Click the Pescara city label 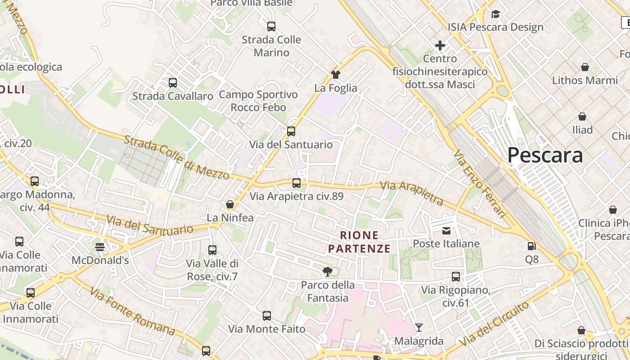pyautogui.click(x=545, y=155)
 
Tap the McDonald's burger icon pyautogui.click(x=100, y=247)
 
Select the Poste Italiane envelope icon pyautogui.click(x=446, y=231)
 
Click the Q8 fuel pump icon pyautogui.click(x=531, y=246)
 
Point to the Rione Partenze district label pyautogui.click(x=359, y=242)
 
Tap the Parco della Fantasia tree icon pyautogui.click(x=328, y=271)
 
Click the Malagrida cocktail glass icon pyautogui.click(x=419, y=328)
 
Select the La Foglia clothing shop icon pyautogui.click(x=335, y=75)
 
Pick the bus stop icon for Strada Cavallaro pyautogui.click(x=173, y=83)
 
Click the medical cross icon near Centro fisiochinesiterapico pyautogui.click(x=440, y=45)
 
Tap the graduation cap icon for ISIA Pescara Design pyautogui.click(x=495, y=14)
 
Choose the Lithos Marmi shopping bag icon pyautogui.click(x=585, y=67)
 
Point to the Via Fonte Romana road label pyautogui.click(x=132, y=311)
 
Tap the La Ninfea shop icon pyautogui.click(x=230, y=205)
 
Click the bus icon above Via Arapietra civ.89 pyautogui.click(x=296, y=183)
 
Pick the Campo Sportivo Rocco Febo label pyautogui.click(x=258, y=101)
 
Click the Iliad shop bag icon pyautogui.click(x=582, y=117)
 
